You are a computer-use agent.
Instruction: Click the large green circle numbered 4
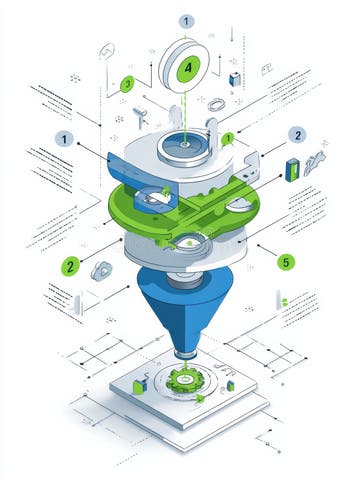pyautogui.click(x=187, y=68)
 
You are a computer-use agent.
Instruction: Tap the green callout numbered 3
pyautogui.click(x=127, y=84)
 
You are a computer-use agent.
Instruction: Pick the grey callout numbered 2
pyautogui.click(x=296, y=134)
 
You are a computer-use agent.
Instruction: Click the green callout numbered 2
pyautogui.click(x=69, y=266)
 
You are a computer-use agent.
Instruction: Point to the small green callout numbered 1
pyautogui.click(x=229, y=138)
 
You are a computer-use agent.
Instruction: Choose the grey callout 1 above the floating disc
pyautogui.click(x=187, y=20)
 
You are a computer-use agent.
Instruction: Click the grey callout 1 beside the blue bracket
pyautogui.click(x=66, y=140)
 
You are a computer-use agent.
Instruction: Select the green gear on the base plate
pyautogui.click(x=184, y=380)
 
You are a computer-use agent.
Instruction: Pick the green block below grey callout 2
pyautogui.click(x=293, y=168)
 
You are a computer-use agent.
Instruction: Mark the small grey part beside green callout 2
pyautogui.click(x=102, y=268)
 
